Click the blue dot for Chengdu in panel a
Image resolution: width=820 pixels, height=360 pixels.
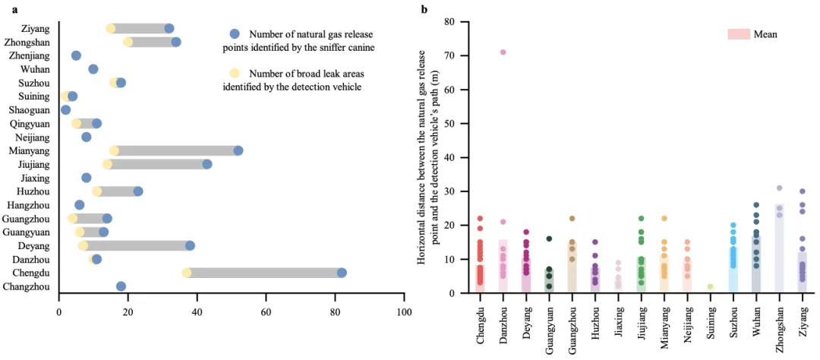[342, 273]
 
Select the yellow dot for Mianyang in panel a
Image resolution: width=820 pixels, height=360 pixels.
[115, 150]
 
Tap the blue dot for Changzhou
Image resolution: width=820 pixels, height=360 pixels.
[121, 286]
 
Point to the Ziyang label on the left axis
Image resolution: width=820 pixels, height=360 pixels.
[36, 28]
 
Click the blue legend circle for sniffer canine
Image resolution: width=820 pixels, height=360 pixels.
[235, 34]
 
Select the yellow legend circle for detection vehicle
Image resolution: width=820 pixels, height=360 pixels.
[235, 73]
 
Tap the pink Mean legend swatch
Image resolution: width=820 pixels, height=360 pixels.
[738, 34]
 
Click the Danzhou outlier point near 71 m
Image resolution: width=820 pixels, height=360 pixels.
[503, 52]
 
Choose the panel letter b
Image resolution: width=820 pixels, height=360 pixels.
[424, 9]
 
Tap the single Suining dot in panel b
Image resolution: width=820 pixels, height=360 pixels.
[711, 287]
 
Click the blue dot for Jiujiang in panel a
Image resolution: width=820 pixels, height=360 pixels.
[207, 164]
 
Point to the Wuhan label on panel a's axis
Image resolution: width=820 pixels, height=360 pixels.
[36, 69]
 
